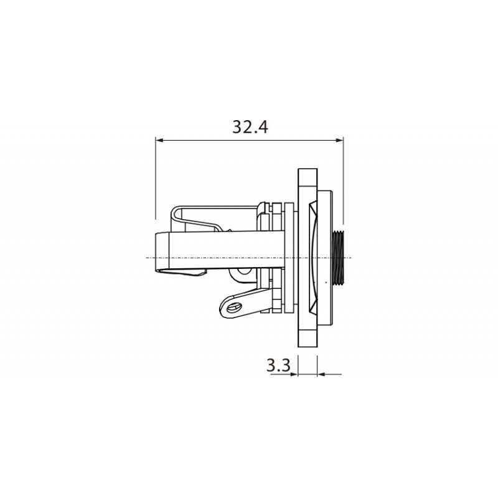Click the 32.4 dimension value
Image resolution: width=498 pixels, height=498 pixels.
(250, 127)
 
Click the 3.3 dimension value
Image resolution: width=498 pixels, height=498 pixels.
(279, 365)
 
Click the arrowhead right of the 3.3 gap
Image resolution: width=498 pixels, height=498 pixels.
(321, 374)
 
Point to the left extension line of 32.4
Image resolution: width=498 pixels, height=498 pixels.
(155, 181)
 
